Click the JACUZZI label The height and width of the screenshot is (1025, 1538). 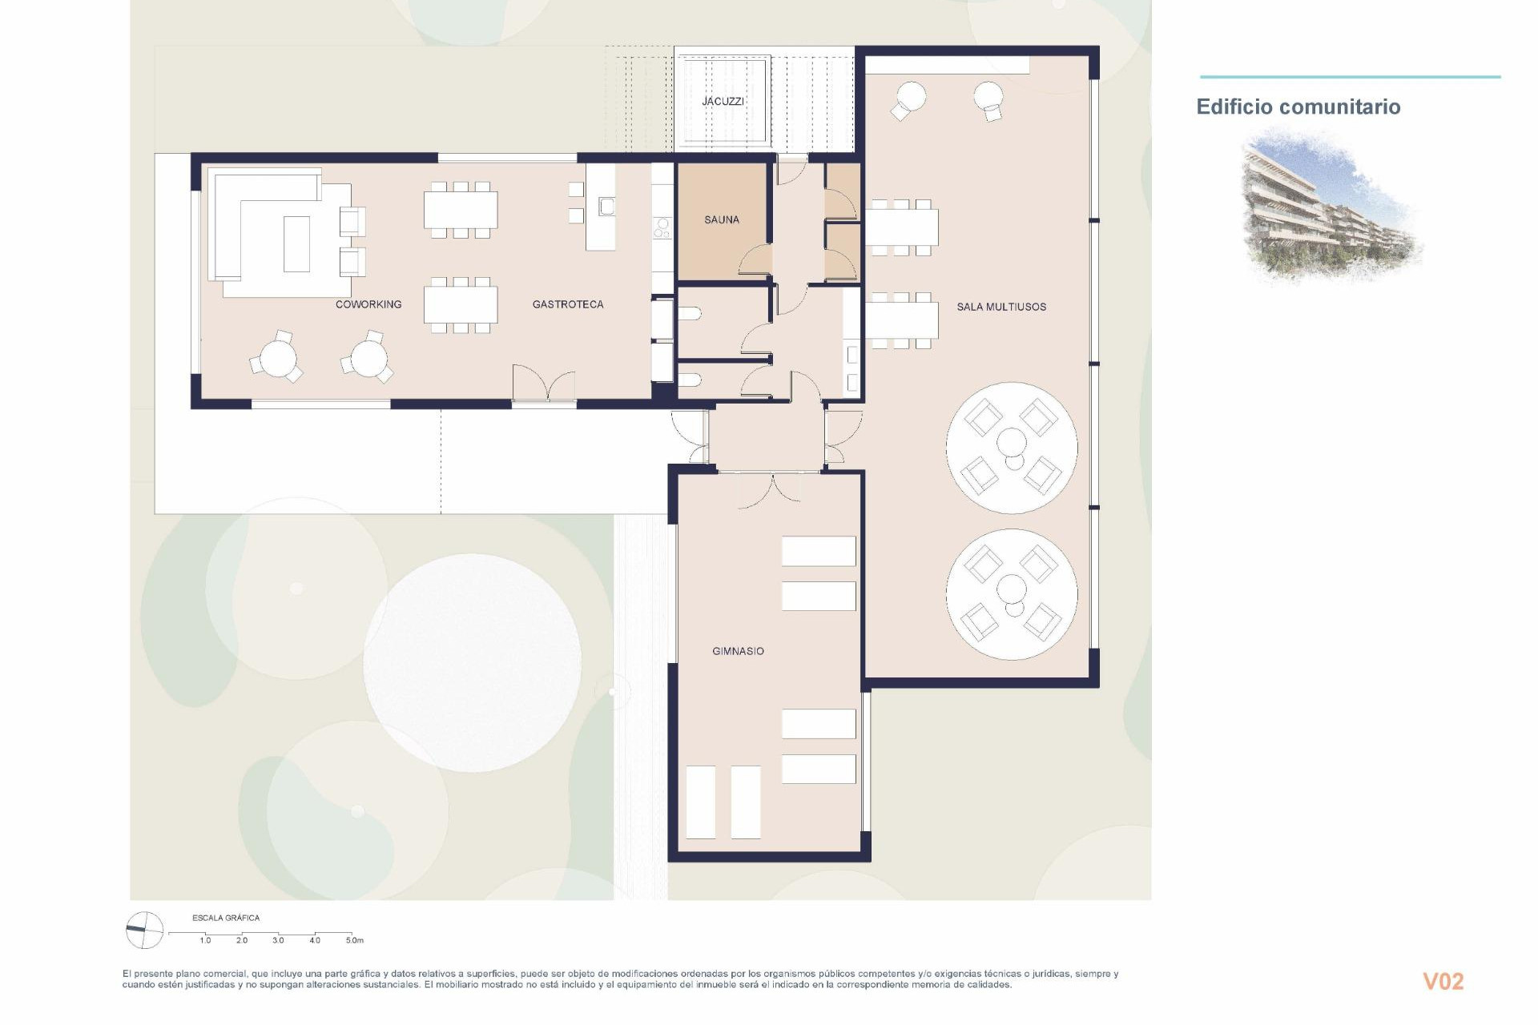(723, 102)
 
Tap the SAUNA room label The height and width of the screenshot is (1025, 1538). (721, 219)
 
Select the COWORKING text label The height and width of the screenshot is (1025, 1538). (368, 304)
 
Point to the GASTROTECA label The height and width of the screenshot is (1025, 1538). (567, 304)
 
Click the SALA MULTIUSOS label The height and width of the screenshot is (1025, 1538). (1001, 307)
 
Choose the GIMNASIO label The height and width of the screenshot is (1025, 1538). (738, 651)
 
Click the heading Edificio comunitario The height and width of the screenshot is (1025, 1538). (1298, 107)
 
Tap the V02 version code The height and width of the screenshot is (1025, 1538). (1443, 982)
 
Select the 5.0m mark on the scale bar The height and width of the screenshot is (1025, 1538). (354, 940)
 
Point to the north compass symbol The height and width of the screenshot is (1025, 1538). (144, 931)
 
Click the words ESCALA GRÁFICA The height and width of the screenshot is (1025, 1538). (226, 918)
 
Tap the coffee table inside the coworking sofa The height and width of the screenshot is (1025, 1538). (296, 243)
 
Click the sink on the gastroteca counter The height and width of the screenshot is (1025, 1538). (606, 207)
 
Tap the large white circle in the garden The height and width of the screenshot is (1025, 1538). (472, 662)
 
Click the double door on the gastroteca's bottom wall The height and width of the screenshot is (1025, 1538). (545, 384)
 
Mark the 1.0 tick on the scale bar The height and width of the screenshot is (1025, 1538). (205, 940)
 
